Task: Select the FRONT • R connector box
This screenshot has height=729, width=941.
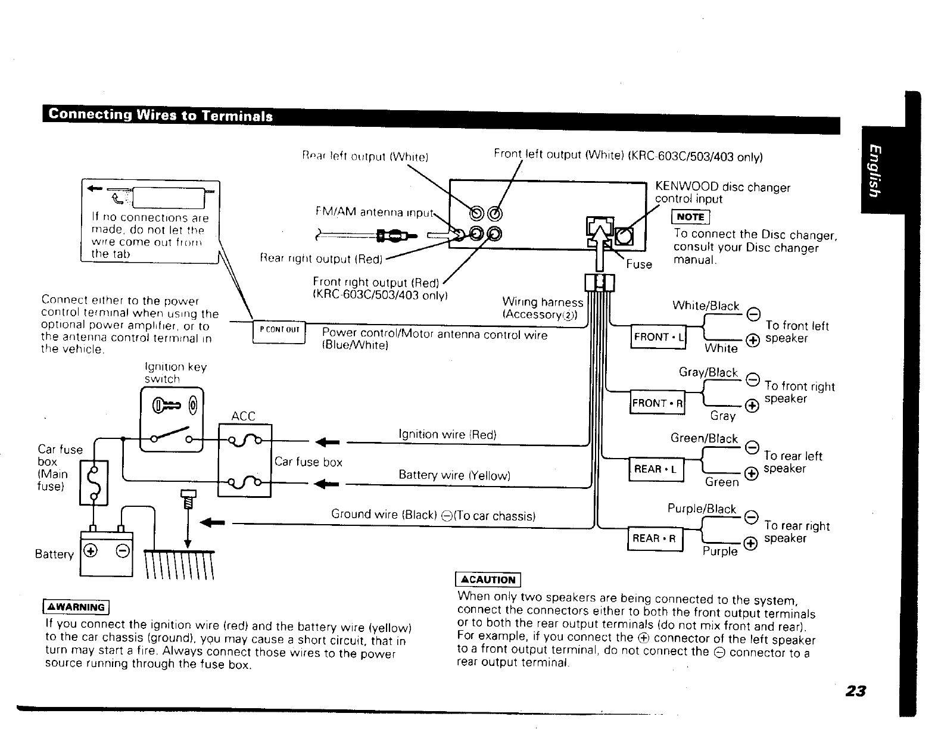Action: click(x=658, y=403)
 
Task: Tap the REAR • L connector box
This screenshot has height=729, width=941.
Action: click(x=656, y=469)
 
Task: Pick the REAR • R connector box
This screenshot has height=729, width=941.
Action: click(x=655, y=538)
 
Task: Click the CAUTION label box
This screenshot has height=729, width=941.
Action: click(x=488, y=580)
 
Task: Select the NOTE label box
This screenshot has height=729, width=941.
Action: click(x=690, y=217)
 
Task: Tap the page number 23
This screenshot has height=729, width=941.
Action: click(x=855, y=691)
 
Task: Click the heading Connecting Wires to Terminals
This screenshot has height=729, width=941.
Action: click(x=161, y=115)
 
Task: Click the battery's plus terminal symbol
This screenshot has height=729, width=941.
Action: click(x=91, y=550)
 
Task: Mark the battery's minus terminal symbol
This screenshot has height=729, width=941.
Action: click(x=121, y=550)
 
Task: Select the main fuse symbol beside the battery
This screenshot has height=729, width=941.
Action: click(x=94, y=482)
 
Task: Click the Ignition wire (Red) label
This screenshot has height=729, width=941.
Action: click(x=447, y=434)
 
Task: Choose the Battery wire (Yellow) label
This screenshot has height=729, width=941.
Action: click(x=454, y=475)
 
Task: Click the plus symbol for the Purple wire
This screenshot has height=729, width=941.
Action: click(x=751, y=542)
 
